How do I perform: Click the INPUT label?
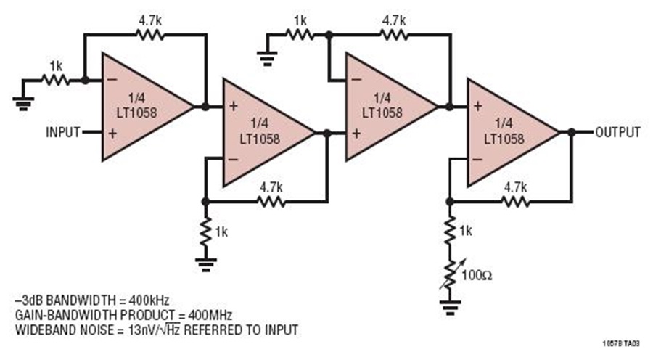point(62,133)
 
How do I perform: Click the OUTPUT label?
point(617,133)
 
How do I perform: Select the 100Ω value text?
point(477,275)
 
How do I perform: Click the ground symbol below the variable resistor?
point(450,307)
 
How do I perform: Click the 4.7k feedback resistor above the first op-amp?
point(150,35)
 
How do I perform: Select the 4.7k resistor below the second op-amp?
point(271,202)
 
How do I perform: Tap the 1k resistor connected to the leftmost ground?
point(55,80)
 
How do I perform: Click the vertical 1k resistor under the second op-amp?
point(205,232)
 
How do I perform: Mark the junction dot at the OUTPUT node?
point(572,133)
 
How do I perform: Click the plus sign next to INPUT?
point(112,134)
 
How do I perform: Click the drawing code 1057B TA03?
point(621,344)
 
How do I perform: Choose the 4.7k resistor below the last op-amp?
point(516,202)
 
